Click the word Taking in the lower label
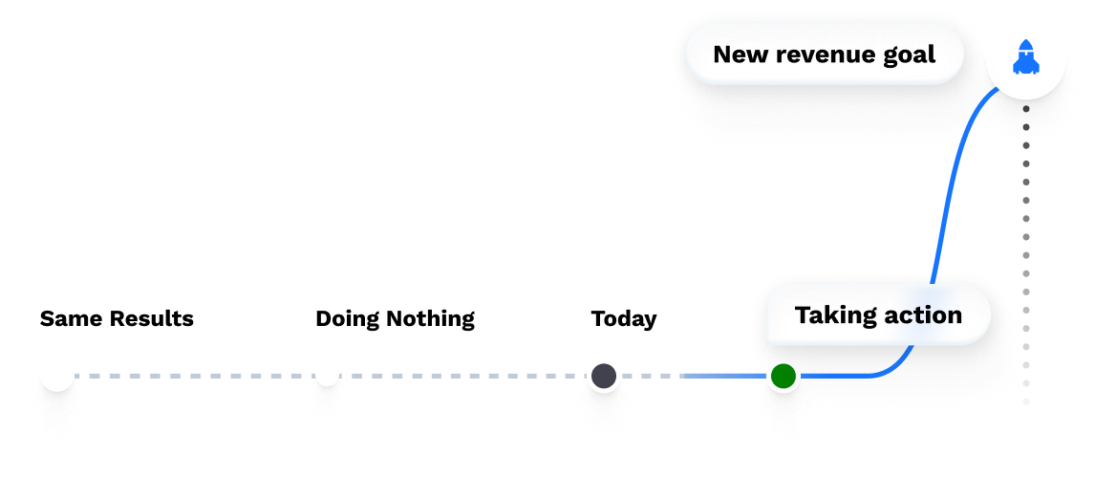pos(829,315)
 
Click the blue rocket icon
pos(1026,58)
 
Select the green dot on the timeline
pos(784,376)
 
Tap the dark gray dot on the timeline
pos(603,376)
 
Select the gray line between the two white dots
pos(191,376)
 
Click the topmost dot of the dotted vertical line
pos(1026,164)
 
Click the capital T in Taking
pos(803,314)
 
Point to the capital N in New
pos(722,54)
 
